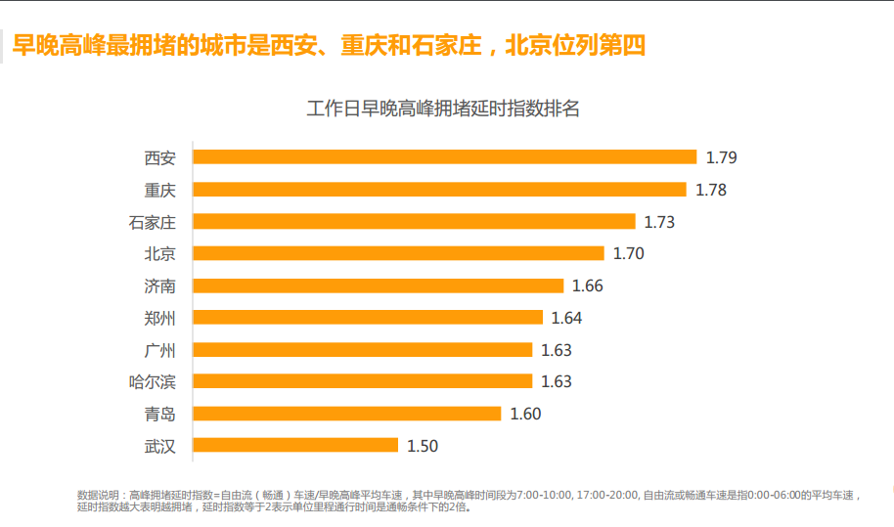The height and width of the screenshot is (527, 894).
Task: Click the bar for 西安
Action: click(444, 156)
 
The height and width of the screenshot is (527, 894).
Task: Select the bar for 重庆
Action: click(439, 189)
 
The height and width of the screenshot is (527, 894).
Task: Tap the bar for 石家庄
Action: click(414, 221)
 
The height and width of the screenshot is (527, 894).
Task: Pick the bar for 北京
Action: click(398, 253)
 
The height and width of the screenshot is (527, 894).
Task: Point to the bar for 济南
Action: click(379, 285)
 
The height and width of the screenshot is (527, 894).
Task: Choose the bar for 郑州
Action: click(368, 317)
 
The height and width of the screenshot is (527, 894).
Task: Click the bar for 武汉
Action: click(295, 446)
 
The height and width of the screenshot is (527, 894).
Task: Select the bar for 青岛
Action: click(347, 414)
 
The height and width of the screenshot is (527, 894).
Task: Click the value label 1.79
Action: click(721, 157)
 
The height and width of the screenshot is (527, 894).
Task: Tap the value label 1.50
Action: click(423, 446)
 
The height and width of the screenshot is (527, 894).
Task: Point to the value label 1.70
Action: click(628, 254)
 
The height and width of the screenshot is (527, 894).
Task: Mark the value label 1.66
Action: click(588, 286)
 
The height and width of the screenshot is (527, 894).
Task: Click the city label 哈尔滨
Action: click(153, 381)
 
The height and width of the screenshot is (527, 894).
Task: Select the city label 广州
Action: click(160, 350)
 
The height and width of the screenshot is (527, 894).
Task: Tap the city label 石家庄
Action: click(153, 222)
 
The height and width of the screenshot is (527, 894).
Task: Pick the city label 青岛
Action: click(160, 414)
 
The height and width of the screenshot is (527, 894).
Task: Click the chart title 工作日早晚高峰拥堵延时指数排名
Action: click(443, 109)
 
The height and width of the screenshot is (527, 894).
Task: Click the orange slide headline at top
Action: click(329, 45)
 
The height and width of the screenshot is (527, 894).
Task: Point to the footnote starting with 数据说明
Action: click(469, 501)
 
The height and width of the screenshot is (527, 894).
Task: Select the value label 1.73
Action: click(659, 222)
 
